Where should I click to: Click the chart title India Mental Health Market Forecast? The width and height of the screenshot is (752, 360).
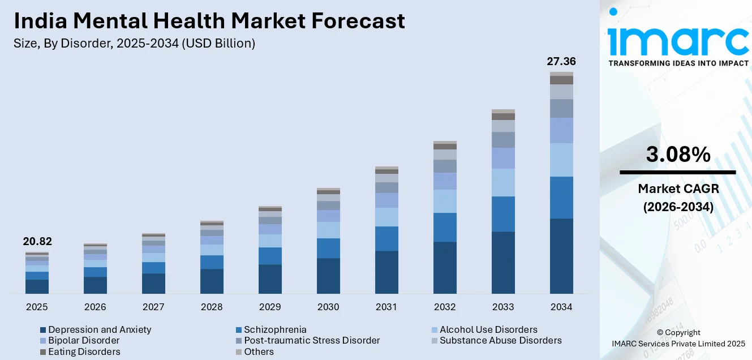pos(209,21)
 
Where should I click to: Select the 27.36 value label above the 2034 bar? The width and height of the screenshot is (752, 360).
pos(561,61)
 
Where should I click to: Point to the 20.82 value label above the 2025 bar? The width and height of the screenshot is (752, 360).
pos(37,242)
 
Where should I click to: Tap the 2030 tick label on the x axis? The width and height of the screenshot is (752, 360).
pos(328,307)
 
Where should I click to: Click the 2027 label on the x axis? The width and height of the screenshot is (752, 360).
pos(153,307)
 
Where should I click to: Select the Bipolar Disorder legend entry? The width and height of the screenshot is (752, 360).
pos(84,340)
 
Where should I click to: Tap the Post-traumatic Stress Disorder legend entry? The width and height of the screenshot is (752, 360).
pos(312,340)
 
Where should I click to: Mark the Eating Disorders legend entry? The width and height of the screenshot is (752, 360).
pos(84,352)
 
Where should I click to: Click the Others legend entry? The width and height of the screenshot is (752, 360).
pos(259,352)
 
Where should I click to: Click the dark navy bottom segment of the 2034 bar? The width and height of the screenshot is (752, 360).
pos(561,256)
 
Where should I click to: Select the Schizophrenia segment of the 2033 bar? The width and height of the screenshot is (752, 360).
pos(503,214)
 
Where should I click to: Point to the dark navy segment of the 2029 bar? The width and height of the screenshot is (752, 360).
pos(270,278)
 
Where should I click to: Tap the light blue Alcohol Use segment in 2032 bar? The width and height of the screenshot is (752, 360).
pos(445,201)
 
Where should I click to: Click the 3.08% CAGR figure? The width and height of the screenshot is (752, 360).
pos(677,155)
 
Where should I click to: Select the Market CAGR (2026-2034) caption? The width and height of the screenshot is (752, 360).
pos(677,198)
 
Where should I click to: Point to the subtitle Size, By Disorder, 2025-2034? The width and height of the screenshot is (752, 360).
pos(134,44)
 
